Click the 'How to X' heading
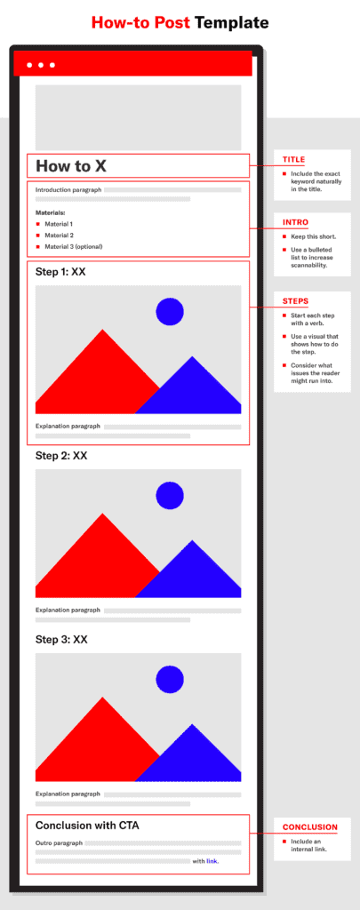[x=71, y=166]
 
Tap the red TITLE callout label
[x=294, y=160]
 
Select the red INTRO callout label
[x=295, y=222]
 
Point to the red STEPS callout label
[x=295, y=301]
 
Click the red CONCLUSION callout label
[x=310, y=827]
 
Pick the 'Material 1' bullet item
[x=59, y=224]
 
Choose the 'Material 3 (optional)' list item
[x=73, y=247]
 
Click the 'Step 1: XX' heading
[x=61, y=272]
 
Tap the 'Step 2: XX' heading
[x=61, y=456]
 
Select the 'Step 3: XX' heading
[x=61, y=640]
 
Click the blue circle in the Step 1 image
[x=170, y=311]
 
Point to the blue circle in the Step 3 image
[x=170, y=679]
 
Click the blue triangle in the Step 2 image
[x=192, y=575]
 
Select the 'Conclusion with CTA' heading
[x=87, y=826]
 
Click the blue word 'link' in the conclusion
[x=212, y=861]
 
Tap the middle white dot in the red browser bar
[x=41, y=65]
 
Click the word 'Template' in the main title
[x=232, y=22]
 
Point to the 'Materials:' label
[x=51, y=212]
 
